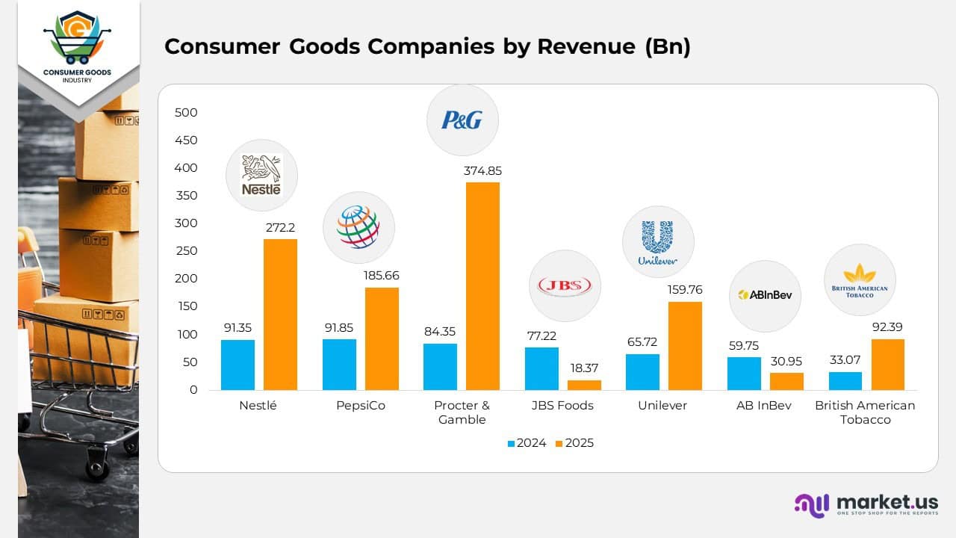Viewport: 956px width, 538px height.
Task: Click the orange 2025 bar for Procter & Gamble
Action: coord(482,286)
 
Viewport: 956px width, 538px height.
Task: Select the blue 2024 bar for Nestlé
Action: coord(238,365)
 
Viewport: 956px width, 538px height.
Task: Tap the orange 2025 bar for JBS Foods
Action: coord(584,385)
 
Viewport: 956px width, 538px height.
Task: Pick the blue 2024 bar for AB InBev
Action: coord(744,374)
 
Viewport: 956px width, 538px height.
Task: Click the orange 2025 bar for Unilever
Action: coord(685,346)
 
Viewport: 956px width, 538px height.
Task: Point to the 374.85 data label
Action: coord(482,171)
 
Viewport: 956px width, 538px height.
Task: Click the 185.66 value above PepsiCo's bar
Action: coord(382,276)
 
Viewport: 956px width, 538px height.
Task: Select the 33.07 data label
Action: coord(845,360)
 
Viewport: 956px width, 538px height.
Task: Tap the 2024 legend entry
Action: coord(527,443)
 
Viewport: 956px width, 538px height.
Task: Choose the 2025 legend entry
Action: coord(574,443)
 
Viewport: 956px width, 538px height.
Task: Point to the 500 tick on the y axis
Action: coord(186,113)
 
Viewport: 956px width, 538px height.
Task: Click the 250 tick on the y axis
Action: coord(186,251)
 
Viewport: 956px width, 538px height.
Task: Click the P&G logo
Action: coord(462,120)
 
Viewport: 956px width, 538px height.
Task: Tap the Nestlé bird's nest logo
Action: coord(261,176)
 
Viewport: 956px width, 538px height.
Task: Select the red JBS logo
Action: coord(565,286)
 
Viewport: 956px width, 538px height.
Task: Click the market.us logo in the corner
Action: coord(866,504)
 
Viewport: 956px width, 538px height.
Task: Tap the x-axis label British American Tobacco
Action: coord(865,412)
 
